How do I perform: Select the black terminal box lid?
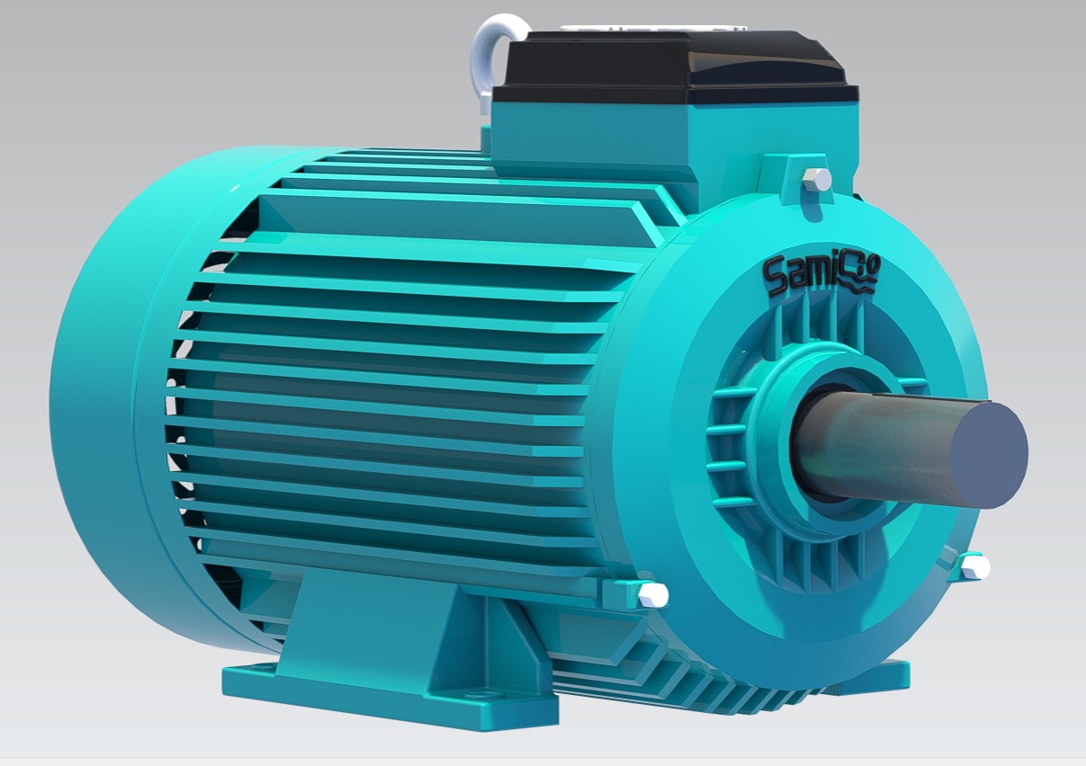pos(674,67)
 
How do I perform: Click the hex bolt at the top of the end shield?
pos(817,180)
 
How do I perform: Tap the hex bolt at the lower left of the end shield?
pos(653,594)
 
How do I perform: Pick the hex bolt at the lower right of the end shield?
pos(975,567)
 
